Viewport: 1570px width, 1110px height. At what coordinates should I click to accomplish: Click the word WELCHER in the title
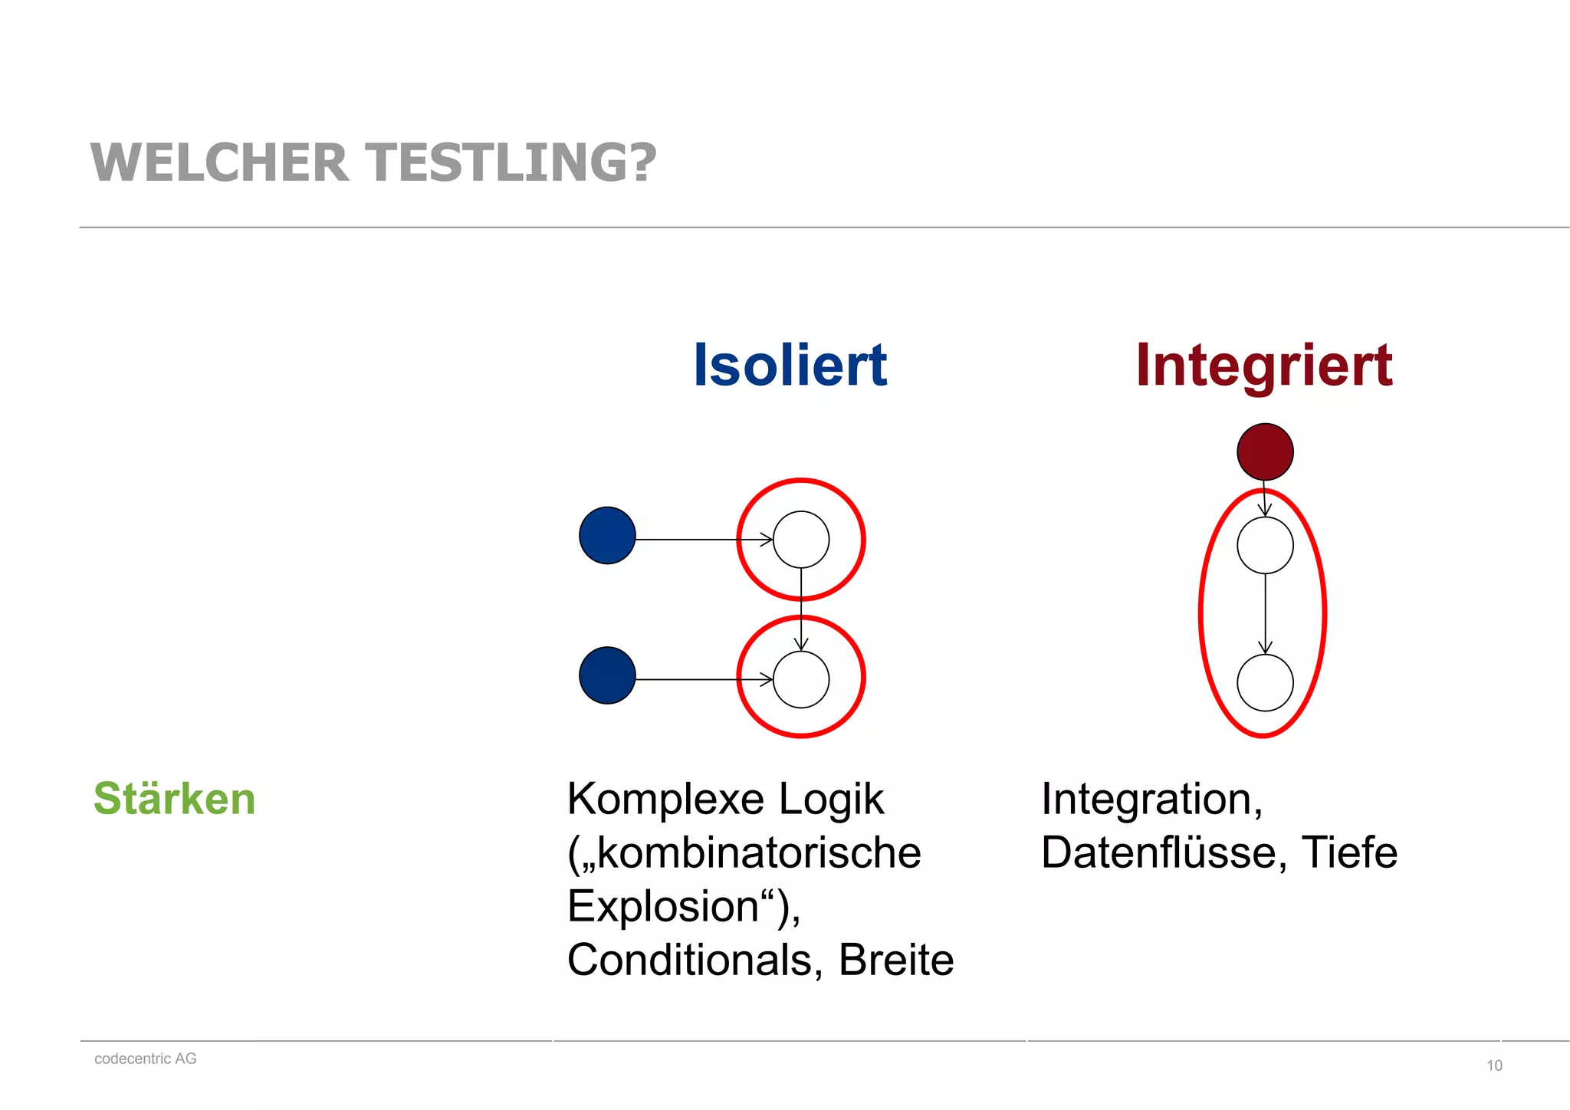219,163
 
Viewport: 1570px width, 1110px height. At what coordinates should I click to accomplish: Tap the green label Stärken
174,798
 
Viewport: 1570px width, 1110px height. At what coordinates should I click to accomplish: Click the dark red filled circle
1265,452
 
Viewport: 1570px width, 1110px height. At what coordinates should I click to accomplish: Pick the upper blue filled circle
607,535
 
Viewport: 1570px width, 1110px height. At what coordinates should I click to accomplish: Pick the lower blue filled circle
607,675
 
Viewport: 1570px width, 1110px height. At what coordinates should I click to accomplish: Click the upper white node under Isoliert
801,540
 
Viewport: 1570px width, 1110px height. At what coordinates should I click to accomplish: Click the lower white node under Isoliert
801,679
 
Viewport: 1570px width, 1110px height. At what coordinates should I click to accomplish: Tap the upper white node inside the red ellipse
1265,545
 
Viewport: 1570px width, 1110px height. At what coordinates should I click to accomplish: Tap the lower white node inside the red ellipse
1265,682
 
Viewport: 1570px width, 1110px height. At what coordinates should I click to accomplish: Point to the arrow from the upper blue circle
701,540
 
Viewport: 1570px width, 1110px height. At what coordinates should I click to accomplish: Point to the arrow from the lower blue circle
701,679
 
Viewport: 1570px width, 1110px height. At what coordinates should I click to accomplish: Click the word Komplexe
665,800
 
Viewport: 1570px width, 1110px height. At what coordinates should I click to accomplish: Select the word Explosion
663,906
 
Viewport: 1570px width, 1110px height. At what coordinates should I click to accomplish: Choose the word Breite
895,960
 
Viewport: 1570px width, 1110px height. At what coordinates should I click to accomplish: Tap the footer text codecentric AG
146,1059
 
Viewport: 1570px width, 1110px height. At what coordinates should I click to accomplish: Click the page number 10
1494,1066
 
